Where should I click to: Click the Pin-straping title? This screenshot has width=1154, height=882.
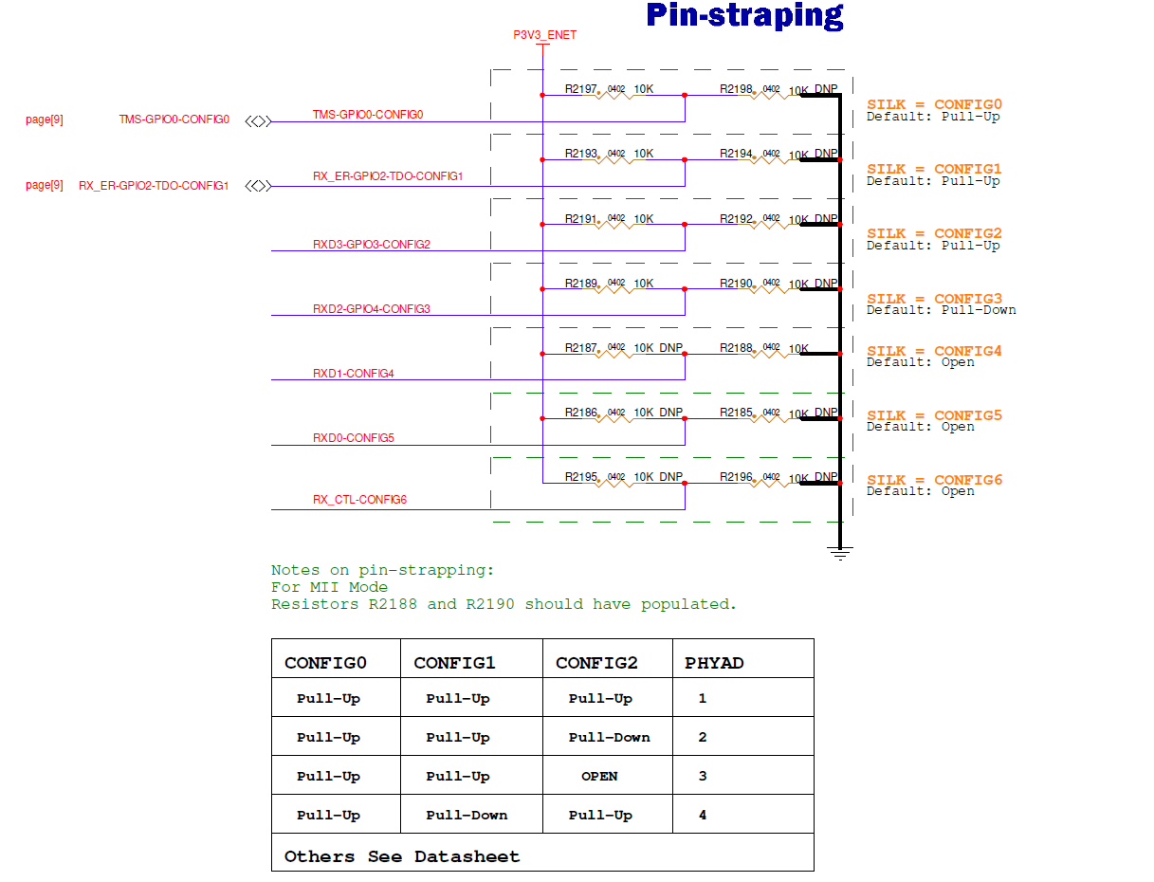click(x=744, y=16)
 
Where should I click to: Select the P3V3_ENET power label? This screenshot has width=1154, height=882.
click(x=544, y=35)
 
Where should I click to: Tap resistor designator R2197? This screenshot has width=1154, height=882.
click(x=580, y=89)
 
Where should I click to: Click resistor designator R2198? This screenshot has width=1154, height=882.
click(x=736, y=89)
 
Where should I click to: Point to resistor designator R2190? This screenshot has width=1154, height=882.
click(x=736, y=284)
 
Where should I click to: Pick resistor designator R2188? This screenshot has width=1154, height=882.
click(x=736, y=348)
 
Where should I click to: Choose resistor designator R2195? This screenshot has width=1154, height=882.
click(x=580, y=477)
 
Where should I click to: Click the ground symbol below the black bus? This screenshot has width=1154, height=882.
click(x=839, y=552)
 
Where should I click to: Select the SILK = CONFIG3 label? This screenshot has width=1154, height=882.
click(x=934, y=298)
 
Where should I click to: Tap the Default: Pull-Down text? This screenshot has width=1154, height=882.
click(x=941, y=310)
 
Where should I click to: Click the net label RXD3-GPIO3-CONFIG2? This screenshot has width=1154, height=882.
click(x=372, y=245)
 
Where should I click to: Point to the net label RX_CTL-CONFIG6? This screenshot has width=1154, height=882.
click(x=359, y=500)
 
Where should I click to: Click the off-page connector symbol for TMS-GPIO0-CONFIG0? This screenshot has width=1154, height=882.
click(x=258, y=120)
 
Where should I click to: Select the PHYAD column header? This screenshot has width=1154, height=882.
click(x=714, y=663)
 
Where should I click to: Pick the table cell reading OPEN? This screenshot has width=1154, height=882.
click(x=599, y=776)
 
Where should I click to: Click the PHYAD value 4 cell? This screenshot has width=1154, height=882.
click(x=703, y=815)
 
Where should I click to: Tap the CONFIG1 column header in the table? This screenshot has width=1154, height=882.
click(x=454, y=663)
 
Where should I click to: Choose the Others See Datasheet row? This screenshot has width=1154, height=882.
click(x=402, y=856)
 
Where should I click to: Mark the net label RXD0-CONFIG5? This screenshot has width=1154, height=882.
click(x=354, y=438)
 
